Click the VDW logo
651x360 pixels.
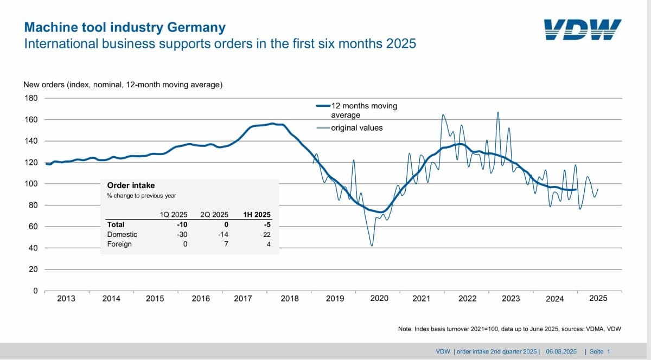(583, 29)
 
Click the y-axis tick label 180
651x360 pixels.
(31, 98)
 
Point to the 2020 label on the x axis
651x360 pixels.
(379, 298)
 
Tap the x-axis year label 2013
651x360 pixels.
(66, 299)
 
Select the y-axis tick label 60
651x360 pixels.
(33, 226)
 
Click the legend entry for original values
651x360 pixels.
(349, 128)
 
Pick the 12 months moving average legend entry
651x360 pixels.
(357, 110)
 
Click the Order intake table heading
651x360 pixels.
(131, 185)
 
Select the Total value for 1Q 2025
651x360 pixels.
(182, 224)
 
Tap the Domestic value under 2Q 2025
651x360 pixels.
(223, 234)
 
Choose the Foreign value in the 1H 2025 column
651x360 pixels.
(269, 244)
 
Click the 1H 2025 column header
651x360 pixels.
(257, 215)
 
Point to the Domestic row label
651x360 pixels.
(122, 234)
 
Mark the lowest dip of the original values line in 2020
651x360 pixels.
(372, 246)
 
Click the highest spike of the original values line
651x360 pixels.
(498, 112)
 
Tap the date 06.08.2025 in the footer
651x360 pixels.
(561, 351)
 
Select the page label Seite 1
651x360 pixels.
(600, 351)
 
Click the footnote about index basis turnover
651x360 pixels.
(509, 329)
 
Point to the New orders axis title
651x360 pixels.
(123, 85)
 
